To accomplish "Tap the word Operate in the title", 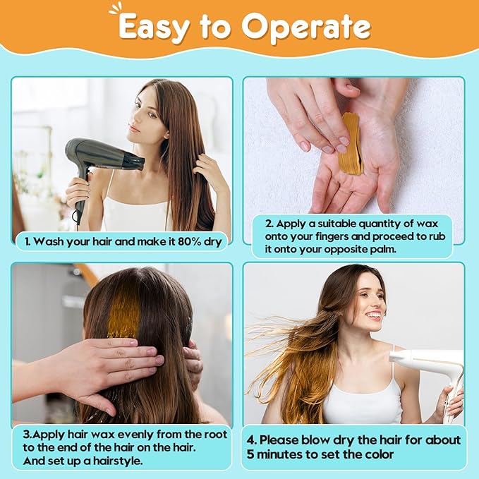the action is point(306,27).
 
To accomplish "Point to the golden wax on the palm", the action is point(351,144).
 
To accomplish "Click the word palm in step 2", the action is point(383,250).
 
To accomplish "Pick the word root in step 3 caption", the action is point(216,435).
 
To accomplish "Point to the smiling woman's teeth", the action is point(375,315).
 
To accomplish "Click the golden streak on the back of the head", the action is point(124,312).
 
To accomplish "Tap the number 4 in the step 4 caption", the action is point(250,440).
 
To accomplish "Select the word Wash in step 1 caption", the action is point(49,242).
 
